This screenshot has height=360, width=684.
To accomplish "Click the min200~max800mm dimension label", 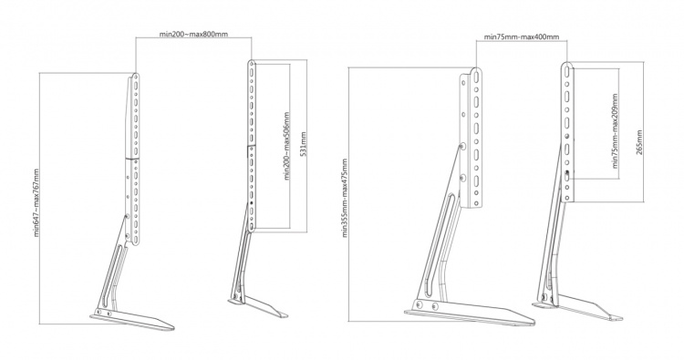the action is click(192, 34).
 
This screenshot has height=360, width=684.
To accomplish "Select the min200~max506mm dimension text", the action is click(287, 146).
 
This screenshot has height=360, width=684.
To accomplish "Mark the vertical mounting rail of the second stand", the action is click(252, 146).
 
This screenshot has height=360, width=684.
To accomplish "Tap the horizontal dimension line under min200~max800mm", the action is click(192, 41).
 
